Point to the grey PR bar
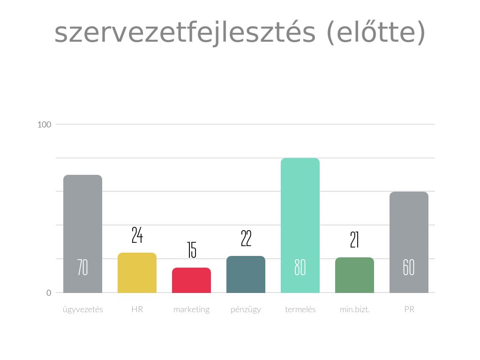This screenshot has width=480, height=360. coord(409,230)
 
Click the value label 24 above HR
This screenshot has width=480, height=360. coord(137,235)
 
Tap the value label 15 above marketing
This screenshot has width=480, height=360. coord(191,250)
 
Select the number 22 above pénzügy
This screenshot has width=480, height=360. coord(246,239)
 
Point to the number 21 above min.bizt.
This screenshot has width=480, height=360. coord(354,240)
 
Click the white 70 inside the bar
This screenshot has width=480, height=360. coord(82,268)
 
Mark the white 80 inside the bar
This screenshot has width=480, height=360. coord(300,268)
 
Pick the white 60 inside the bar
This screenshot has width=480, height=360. coord(409,268)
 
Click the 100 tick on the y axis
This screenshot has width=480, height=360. coord(44,125)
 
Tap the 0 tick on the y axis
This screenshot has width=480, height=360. coord(49,293)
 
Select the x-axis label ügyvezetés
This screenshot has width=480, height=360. coord(82,310)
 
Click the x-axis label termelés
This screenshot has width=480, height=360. coord(300,310)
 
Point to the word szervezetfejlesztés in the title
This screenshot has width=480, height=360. coord(185,33)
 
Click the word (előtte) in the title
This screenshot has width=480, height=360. coord(375,33)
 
